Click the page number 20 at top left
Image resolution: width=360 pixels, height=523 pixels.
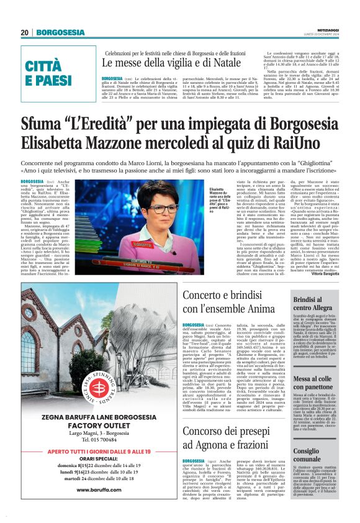tap(25, 32)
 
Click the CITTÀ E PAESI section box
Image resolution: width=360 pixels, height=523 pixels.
tap(50, 74)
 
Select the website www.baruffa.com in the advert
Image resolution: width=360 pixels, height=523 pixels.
tap(99, 489)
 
